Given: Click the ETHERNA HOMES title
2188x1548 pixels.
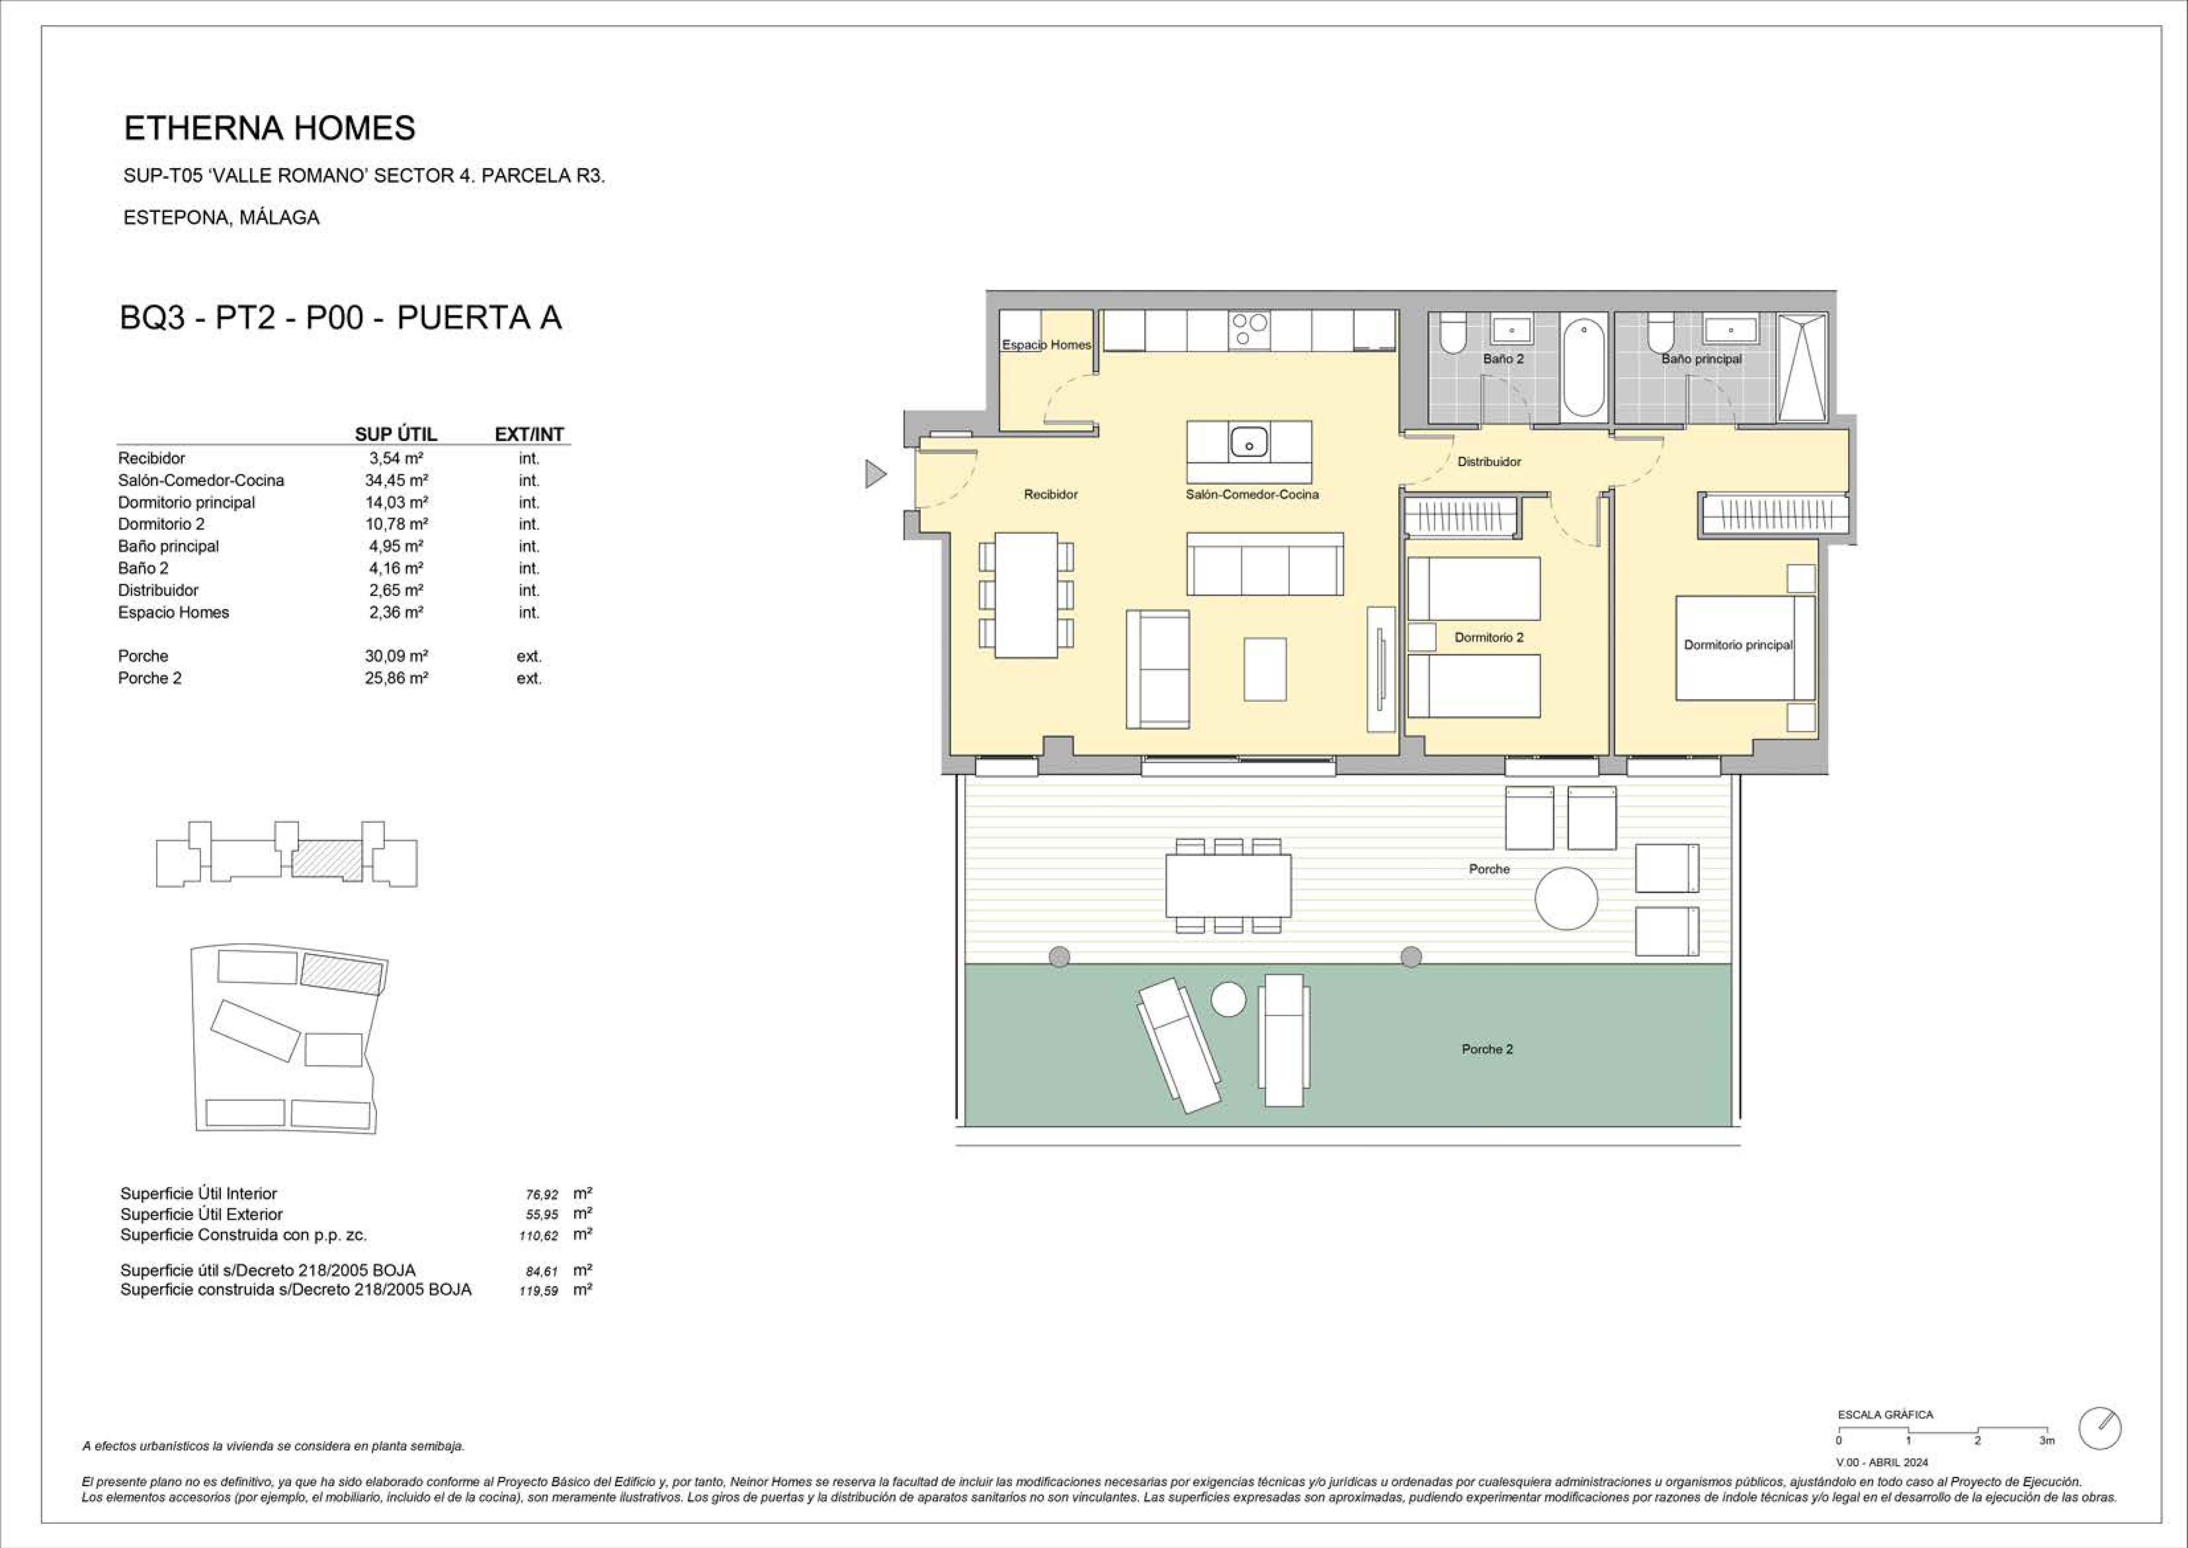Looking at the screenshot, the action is [x=269, y=128].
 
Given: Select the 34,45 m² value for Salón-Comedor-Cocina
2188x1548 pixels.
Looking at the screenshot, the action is [x=396, y=481].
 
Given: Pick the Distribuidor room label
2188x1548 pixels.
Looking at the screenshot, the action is [x=1489, y=461].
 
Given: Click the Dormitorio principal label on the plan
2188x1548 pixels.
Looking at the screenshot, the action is [x=1738, y=645].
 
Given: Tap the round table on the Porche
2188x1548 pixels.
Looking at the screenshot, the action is [x=1566, y=898].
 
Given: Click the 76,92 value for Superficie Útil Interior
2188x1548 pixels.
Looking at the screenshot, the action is [x=542, y=1195].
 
